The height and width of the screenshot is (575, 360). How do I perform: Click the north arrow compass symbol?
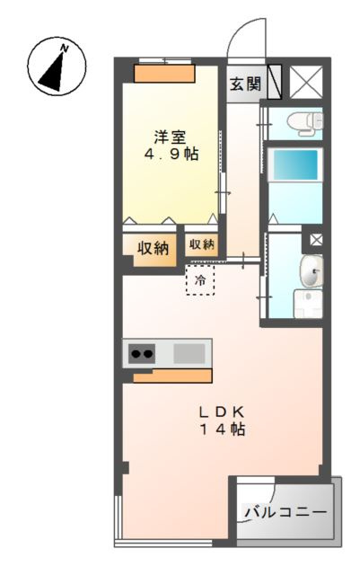click(x=57, y=66)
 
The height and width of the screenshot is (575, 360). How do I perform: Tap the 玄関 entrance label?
click(x=245, y=84)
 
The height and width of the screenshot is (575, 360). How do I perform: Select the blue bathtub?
click(x=295, y=164)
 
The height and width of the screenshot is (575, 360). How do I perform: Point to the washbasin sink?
click(x=312, y=271)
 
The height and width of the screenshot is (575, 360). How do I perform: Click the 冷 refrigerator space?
click(x=200, y=279)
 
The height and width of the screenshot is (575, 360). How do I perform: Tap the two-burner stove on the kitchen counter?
click(x=142, y=354)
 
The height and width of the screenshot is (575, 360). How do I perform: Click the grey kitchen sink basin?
click(x=189, y=354)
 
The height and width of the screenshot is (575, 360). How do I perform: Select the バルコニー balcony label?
click(x=285, y=511)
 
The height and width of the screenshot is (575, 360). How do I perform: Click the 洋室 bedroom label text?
click(x=170, y=137)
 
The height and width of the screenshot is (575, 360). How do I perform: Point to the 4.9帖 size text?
click(x=171, y=154)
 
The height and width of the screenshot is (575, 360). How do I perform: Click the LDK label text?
click(x=222, y=412)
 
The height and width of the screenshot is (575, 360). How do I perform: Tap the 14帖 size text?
click(x=222, y=429)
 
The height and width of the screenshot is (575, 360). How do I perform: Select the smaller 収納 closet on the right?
click(x=201, y=244)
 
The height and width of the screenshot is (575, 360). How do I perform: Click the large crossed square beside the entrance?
click(x=306, y=82)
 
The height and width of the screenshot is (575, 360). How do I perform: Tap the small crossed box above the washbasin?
click(x=316, y=240)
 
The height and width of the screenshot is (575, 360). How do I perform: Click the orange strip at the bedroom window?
click(x=164, y=74)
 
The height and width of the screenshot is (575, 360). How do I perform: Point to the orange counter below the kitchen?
click(x=172, y=376)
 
